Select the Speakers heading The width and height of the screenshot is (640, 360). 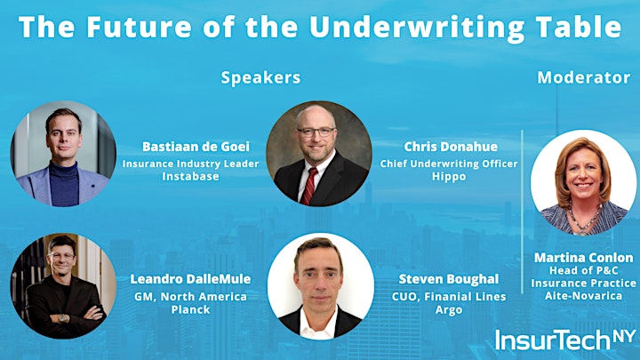coord(260,78)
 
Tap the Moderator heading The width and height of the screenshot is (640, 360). coord(584,77)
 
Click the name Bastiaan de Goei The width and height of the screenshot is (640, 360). coord(196,147)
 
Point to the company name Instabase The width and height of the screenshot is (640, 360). coord(190,176)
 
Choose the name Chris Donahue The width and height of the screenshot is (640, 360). coord(451,147)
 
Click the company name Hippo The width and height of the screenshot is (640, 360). coord(449,177)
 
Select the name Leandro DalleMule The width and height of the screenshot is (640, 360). coord(190,279)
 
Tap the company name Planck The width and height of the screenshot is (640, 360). coord(190,310)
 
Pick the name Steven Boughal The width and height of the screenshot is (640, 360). coord(449,279)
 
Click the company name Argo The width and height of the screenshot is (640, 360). coord(449,310)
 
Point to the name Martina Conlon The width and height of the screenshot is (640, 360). coord(584,258)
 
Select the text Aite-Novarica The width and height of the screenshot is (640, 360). coord(584,295)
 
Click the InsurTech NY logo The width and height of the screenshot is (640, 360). coord(565,340)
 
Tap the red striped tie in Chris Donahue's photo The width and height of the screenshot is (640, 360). coord(309,186)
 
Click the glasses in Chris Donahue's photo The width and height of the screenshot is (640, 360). coord(316,132)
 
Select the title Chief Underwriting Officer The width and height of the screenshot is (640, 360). coord(449,164)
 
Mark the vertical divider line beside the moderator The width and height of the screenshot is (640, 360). coord(522,212)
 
